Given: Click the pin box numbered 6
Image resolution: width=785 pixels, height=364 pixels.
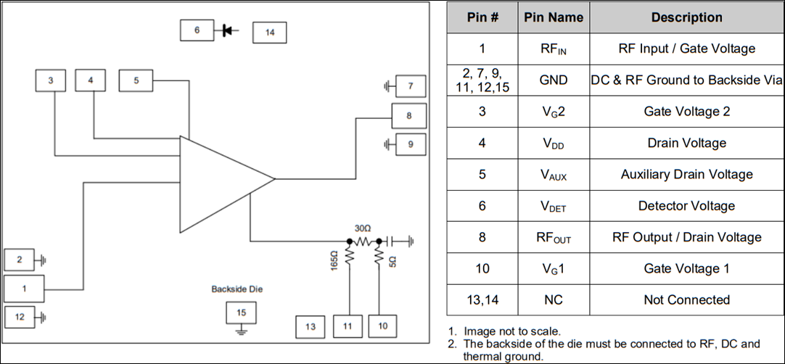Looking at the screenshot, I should (x=197, y=30).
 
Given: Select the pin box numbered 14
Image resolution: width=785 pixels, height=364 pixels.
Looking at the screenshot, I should (x=269, y=33).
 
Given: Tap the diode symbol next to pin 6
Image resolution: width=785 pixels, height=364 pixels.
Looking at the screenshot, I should (x=227, y=30).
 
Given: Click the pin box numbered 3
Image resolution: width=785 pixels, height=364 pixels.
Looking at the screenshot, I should (x=51, y=80).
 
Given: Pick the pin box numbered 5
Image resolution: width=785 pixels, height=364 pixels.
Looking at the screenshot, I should (x=136, y=80).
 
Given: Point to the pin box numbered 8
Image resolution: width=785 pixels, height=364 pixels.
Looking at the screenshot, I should (x=409, y=116).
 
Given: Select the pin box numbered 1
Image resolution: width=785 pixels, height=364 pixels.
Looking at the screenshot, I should (x=24, y=288).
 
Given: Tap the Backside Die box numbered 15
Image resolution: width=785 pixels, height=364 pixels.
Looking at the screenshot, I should (x=242, y=313).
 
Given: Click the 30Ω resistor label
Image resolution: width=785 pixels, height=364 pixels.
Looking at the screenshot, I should (x=362, y=227).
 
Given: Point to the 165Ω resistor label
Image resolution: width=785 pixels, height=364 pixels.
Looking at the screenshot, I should (x=334, y=259).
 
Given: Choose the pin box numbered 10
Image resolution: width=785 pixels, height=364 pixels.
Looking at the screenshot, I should (x=383, y=326).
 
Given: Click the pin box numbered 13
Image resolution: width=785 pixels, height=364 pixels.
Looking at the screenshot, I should (x=311, y=327).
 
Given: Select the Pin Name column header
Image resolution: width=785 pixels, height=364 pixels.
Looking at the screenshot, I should (x=554, y=17).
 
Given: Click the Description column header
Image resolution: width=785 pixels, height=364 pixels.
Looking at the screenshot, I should (x=686, y=17).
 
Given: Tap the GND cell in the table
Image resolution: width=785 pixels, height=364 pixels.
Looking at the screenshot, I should (x=554, y=80).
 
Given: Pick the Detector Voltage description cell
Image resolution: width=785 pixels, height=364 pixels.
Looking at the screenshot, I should (x=686, y=206).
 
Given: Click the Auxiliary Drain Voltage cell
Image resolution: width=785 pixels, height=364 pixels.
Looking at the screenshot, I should (x=686, y=174).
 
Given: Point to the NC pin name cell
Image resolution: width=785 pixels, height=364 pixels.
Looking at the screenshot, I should (x=554, y=299).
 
